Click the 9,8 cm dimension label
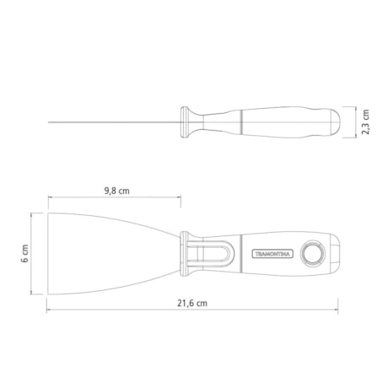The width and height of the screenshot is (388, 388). (116, 191)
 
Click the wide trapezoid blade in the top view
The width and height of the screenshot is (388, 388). (110, 252)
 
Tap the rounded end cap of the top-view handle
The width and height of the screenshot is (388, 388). (337, 252)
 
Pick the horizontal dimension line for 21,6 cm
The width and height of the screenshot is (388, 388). (191, 310)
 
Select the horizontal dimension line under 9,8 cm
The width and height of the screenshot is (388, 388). (116, 200)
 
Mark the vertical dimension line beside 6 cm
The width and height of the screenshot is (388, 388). (35, 252)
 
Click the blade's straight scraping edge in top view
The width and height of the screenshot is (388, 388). (47, 252)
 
